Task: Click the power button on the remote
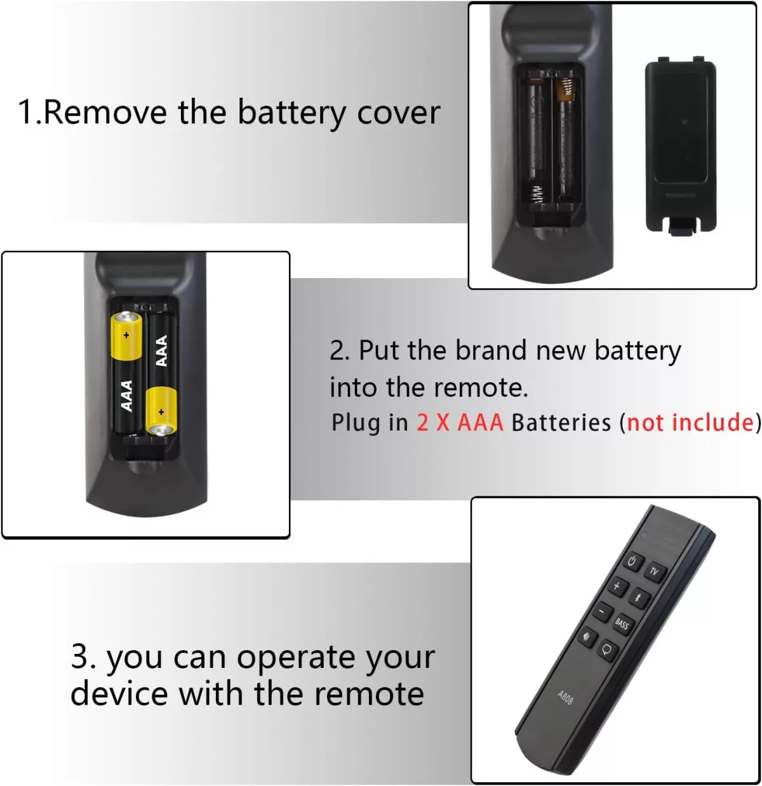[x=632, y=561]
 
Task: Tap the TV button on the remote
[x=654, y=572]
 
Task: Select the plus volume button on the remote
[x=617, y=586]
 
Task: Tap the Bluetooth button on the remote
[x=639, y=597]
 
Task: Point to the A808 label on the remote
[x=565, y=697]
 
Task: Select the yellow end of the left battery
[x=126, y=335]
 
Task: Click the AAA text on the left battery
[x=127, y=396]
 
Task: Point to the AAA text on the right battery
[x=161, y=350]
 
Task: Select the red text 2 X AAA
[x=460, y=422]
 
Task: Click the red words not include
[x=690, y=422]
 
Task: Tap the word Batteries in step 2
[x=561, y=422]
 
